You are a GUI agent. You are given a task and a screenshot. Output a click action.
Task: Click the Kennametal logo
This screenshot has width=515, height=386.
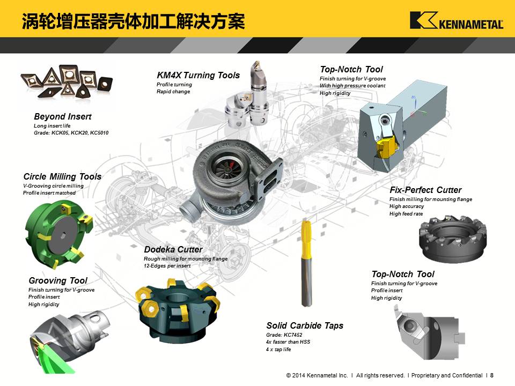point(457,20)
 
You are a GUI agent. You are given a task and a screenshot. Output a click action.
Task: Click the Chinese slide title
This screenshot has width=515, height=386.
point(134,21)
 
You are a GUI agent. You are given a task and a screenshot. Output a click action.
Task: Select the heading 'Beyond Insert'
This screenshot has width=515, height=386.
point(62,116)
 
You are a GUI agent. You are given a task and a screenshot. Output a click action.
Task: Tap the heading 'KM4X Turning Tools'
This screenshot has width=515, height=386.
point(198,75)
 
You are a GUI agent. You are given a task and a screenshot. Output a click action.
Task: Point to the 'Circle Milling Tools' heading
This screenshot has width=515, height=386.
point(62,176)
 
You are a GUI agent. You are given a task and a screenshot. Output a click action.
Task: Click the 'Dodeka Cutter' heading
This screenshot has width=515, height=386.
point(173,249)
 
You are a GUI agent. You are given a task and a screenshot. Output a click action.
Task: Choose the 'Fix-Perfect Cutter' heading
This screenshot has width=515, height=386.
point(425,190)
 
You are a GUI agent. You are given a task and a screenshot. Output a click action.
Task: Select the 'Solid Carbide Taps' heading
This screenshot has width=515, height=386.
point(305,325)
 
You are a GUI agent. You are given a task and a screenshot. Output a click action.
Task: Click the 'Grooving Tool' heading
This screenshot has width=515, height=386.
point(58,280)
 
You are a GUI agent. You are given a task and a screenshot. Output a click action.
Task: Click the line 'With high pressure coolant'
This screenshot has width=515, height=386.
point(352,86)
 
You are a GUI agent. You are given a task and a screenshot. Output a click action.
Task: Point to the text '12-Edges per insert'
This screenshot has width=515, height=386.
point(167,266)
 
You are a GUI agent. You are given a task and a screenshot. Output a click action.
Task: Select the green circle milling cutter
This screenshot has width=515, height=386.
point(58,234)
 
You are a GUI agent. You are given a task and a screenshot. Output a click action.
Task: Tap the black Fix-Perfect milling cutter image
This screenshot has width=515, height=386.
point(452,239)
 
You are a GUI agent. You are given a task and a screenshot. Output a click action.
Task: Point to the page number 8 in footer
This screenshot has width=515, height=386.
point(492,375)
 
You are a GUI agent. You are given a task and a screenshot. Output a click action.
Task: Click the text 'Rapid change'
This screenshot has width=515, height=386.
point(173,92)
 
